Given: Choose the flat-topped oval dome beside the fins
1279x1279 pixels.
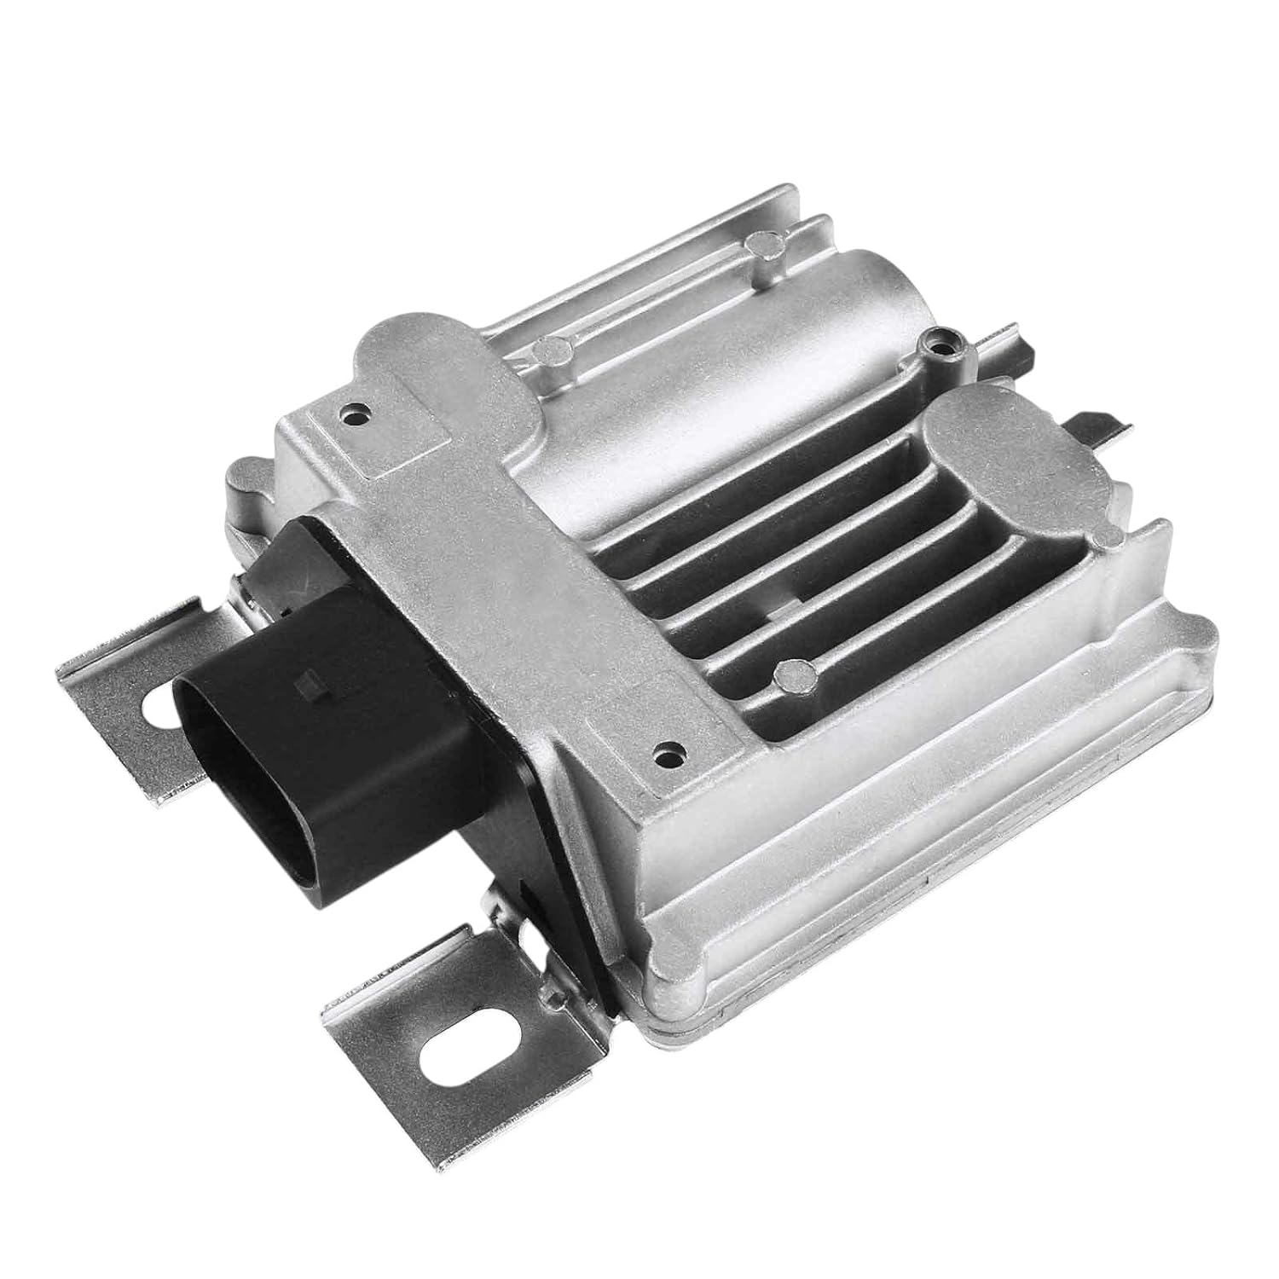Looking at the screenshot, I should tap(1006, 443).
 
